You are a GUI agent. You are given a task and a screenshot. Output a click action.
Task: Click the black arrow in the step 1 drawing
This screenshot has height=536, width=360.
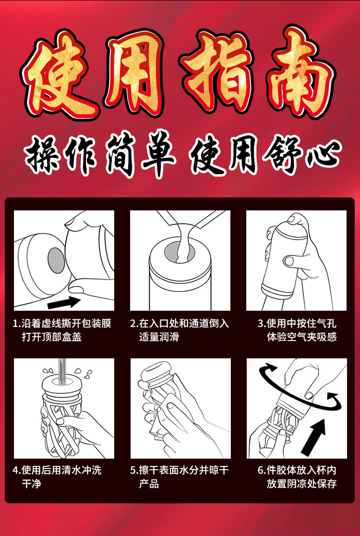pos(63,302)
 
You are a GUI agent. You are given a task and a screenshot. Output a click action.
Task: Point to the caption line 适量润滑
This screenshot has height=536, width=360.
pos(159,337)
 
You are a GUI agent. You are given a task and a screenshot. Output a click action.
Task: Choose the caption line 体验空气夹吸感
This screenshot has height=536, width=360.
pos(302,337)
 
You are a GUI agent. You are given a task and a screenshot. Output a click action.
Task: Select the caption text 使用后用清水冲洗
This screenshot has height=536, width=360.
pos(62,470)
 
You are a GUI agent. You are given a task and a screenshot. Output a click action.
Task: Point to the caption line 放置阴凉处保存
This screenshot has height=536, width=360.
pos(302,484)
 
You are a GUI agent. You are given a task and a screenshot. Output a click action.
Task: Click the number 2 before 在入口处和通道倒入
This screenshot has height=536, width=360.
pos(133,324)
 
